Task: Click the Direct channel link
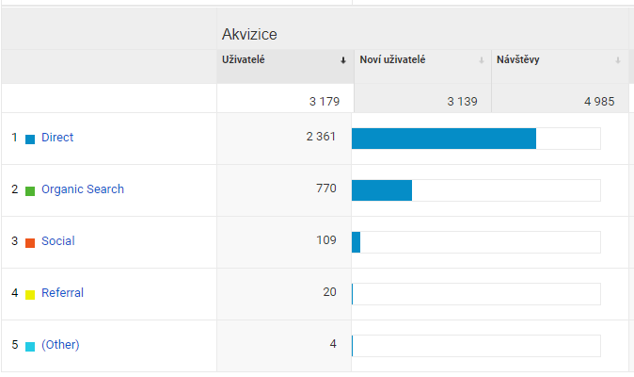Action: tap(57, 138)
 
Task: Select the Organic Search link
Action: tap(83, 189)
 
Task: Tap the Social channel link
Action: tap(58, 241)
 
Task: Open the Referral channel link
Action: tap(62, 293)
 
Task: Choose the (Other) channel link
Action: tap(60, 345)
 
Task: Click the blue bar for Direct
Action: tap(444, 139)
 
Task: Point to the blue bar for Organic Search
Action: tap(382, 190)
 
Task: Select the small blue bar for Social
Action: tap(356, 242)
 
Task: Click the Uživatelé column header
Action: tap(244, 60)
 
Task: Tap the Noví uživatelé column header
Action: tap(392, 60)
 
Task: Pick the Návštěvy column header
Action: tap(518, 60)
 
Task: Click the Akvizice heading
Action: tap(248, 35)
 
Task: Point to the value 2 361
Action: tap(321, 138)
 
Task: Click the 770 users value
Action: tap(325, 189)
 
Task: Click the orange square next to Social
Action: tap(30, 242)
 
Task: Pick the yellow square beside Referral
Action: tap(30, 294)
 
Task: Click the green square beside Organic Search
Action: tap(30, 190)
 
